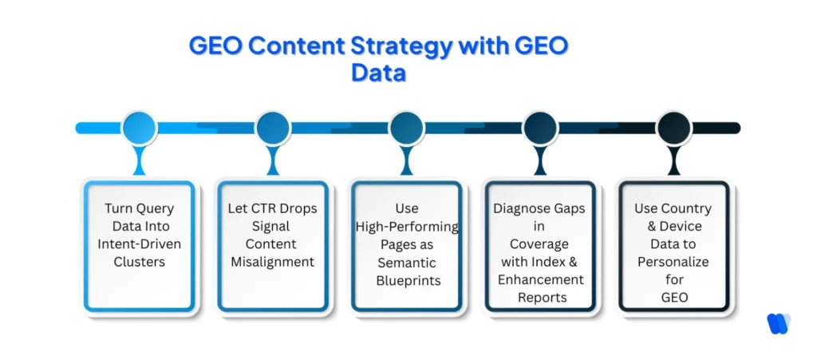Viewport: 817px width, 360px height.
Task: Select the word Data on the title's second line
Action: click(x=378, y=73)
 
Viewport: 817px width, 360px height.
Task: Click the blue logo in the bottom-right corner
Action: click(x=778, y=323)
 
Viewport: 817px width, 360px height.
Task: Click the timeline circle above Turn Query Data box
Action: click(x=139, y=128)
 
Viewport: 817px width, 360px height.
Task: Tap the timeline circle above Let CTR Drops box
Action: click(x=273, y=128)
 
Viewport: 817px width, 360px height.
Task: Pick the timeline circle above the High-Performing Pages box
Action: click(x=406, y=128)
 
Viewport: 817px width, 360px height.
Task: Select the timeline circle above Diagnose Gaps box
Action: click(x=540, y=128)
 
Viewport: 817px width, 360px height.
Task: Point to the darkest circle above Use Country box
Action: click(x=673, y=128)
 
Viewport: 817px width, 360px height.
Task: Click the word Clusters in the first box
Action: click(x=139, y=262)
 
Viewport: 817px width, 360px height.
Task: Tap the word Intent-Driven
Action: click(x=139, y=244)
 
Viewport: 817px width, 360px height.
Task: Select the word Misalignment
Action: click(x=273, y=262)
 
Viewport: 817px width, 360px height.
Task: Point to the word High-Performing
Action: click(x=407, y=227)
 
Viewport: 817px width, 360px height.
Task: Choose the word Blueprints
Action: click(x=407, y=280)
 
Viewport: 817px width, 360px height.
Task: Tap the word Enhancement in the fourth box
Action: click(x=540, y=280)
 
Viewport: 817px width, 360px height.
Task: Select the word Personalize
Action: click(x=673, y=262)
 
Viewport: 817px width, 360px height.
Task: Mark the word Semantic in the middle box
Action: click(x=407, y=262)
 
